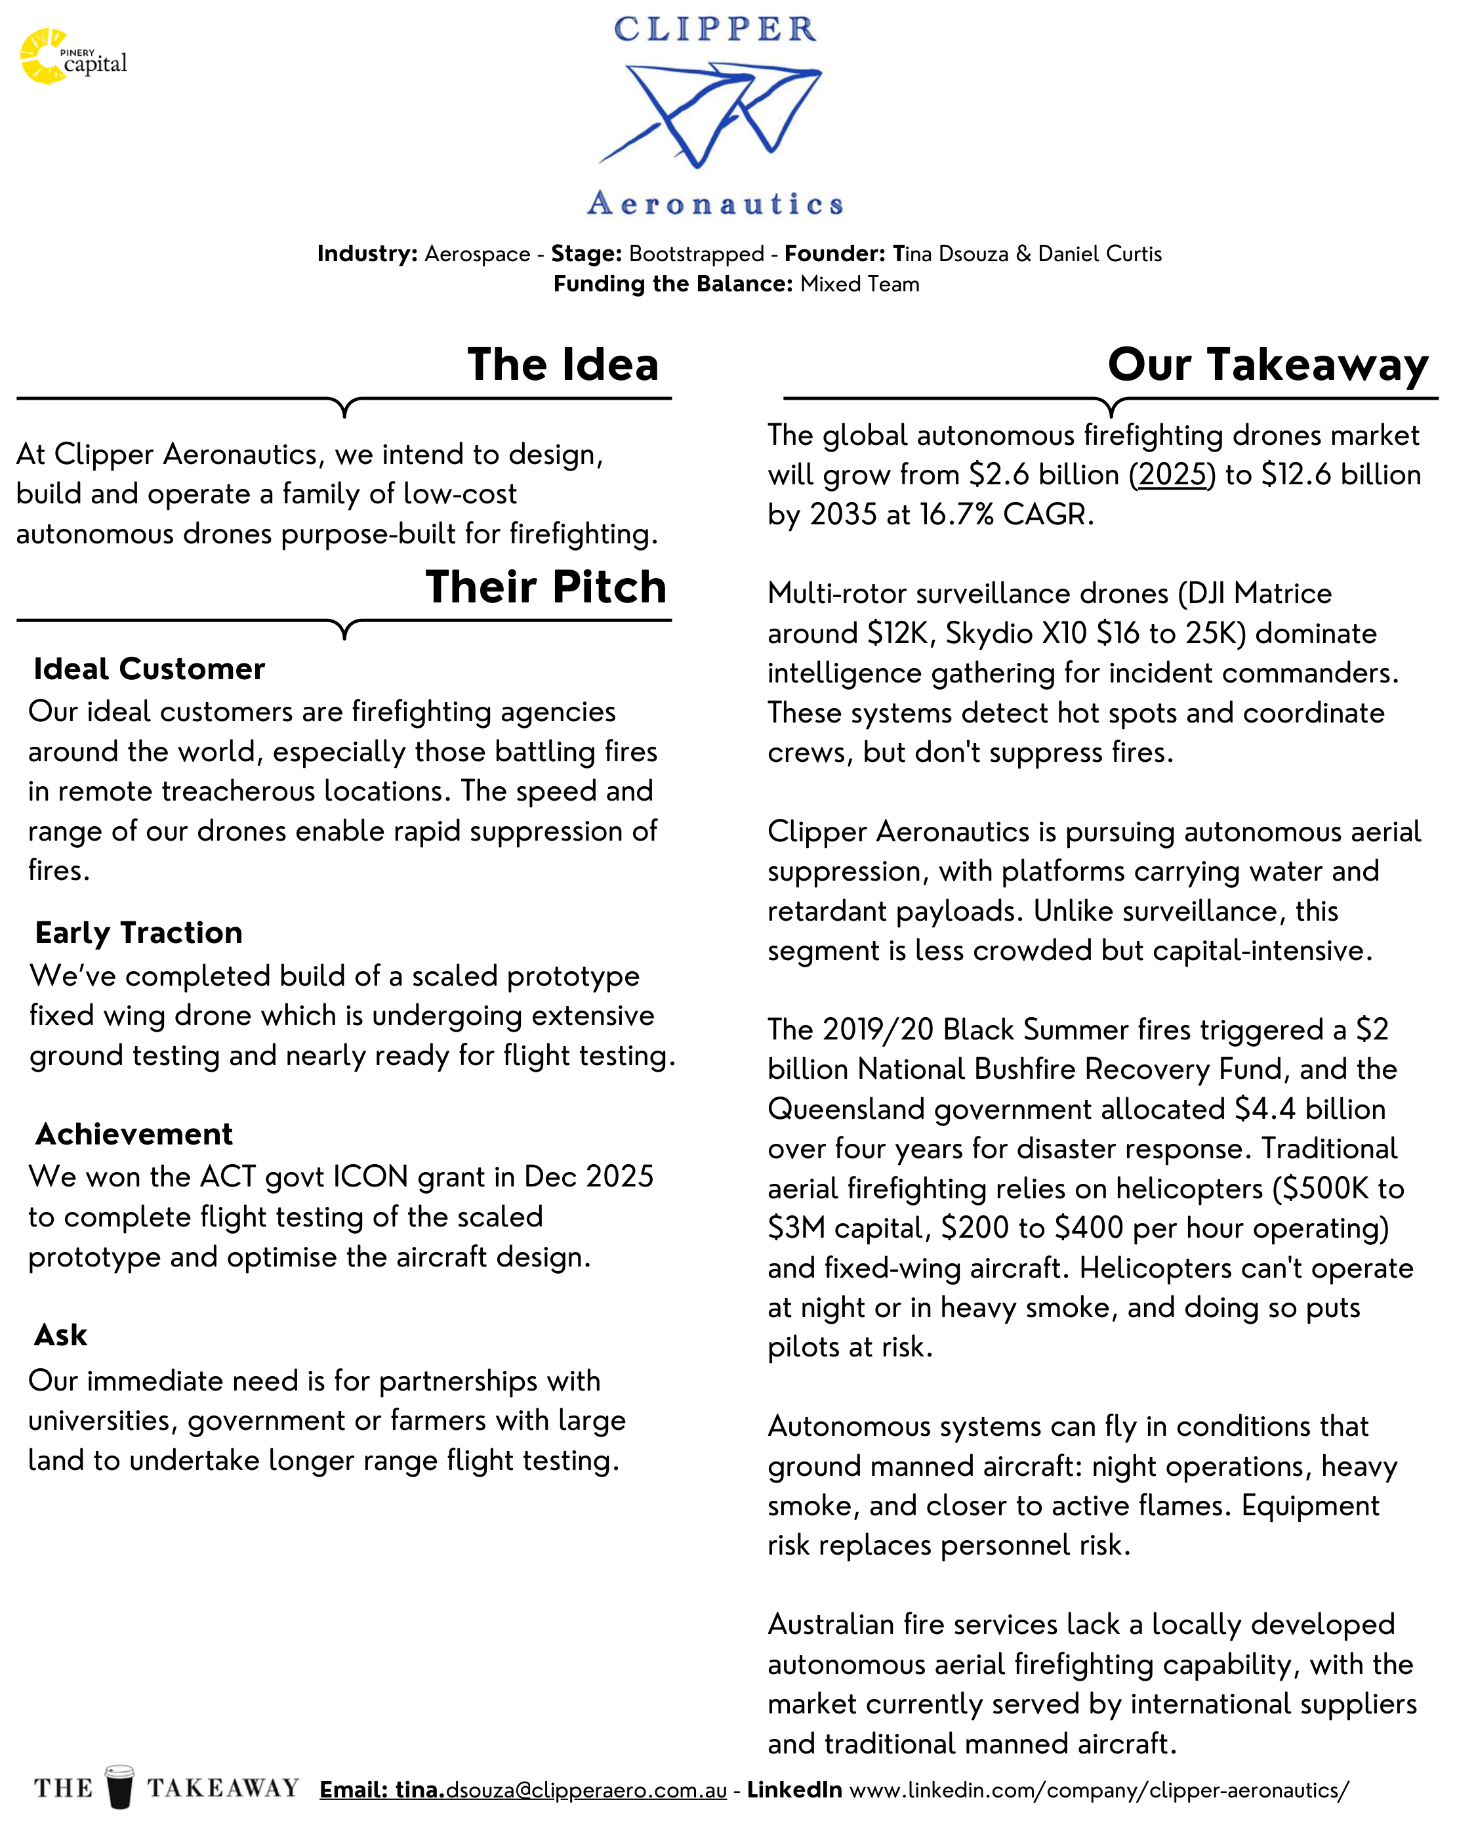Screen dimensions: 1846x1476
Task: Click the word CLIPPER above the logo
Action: (x=715, y=30)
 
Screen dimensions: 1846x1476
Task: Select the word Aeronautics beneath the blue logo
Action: (x=715, y=204)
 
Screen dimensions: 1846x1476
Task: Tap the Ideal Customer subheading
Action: (x=149, y=669)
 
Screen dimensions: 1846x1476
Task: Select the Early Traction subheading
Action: (x=138, y=933)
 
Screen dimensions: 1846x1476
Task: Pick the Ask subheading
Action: (x=60, y=1335)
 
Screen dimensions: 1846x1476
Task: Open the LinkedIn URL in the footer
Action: (x=1098, y=1790)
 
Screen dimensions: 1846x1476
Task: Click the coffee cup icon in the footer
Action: (x=120, y=1787)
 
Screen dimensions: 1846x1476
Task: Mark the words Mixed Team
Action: (x=859, y=284)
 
